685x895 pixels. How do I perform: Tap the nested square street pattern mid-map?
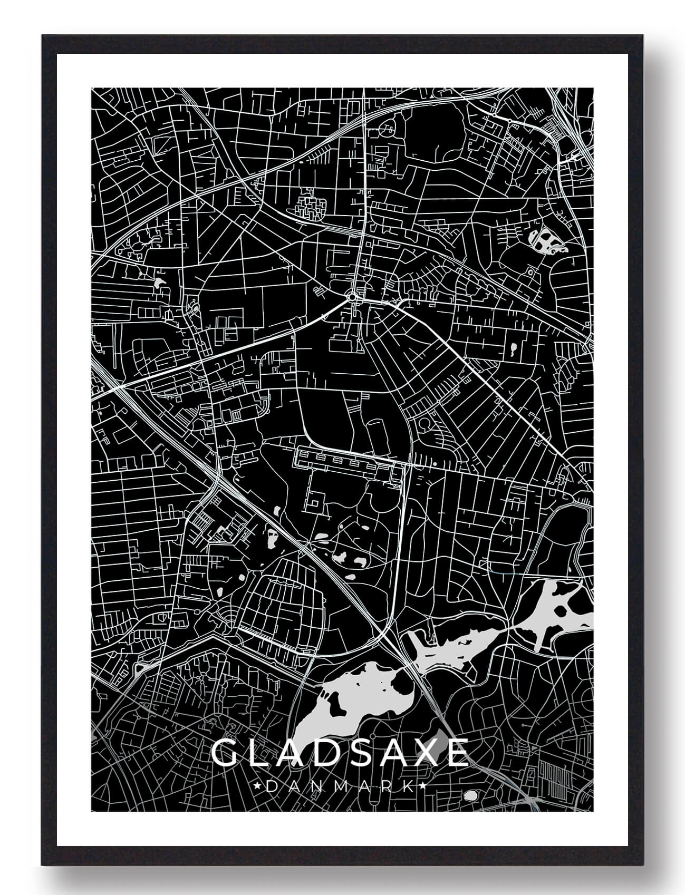(x=315, y=501)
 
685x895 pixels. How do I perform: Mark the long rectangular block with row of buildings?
(x=345, y=462)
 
